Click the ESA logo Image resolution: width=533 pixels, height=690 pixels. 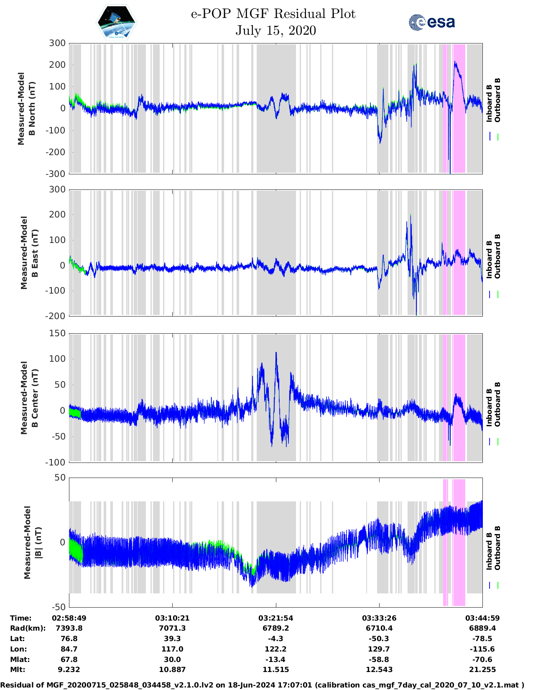point(431,22)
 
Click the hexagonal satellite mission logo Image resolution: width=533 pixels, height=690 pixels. point(117,22)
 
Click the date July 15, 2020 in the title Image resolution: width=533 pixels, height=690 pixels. point(275,31)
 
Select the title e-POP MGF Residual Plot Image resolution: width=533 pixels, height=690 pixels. point(273,14)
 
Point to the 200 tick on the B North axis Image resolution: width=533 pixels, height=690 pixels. point(57,65)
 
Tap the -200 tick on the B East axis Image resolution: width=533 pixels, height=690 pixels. point(56,316)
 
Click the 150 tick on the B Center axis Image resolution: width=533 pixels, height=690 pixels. point(57,333)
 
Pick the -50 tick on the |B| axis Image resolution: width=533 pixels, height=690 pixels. point(59,607)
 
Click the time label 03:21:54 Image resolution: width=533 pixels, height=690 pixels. point(275,618)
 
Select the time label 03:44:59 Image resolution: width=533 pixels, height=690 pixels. point(482,618)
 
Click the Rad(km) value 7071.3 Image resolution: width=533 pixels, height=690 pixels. point(172,628)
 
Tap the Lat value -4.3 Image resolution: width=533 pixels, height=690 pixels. point(275,639)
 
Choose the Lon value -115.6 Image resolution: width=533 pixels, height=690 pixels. point(482,649)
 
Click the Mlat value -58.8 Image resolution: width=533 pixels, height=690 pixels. point(379,659)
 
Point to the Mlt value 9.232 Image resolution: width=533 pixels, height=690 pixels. point(69,670)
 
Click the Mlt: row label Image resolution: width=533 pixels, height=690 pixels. point(18,670)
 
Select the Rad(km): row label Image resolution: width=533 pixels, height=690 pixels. point(28,628)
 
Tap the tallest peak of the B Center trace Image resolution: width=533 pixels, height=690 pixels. point(276,353)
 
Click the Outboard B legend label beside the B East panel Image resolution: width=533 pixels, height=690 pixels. point(497,256)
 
